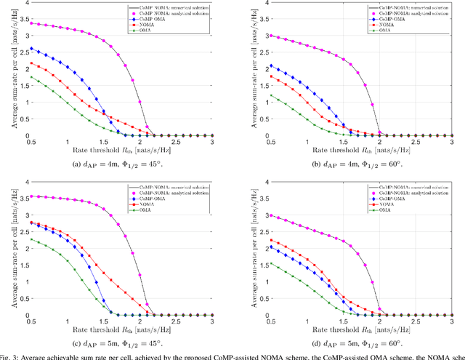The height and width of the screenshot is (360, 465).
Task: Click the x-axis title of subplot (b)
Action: [350, 151]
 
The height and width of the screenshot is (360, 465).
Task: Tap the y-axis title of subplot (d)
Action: [242, 249]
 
